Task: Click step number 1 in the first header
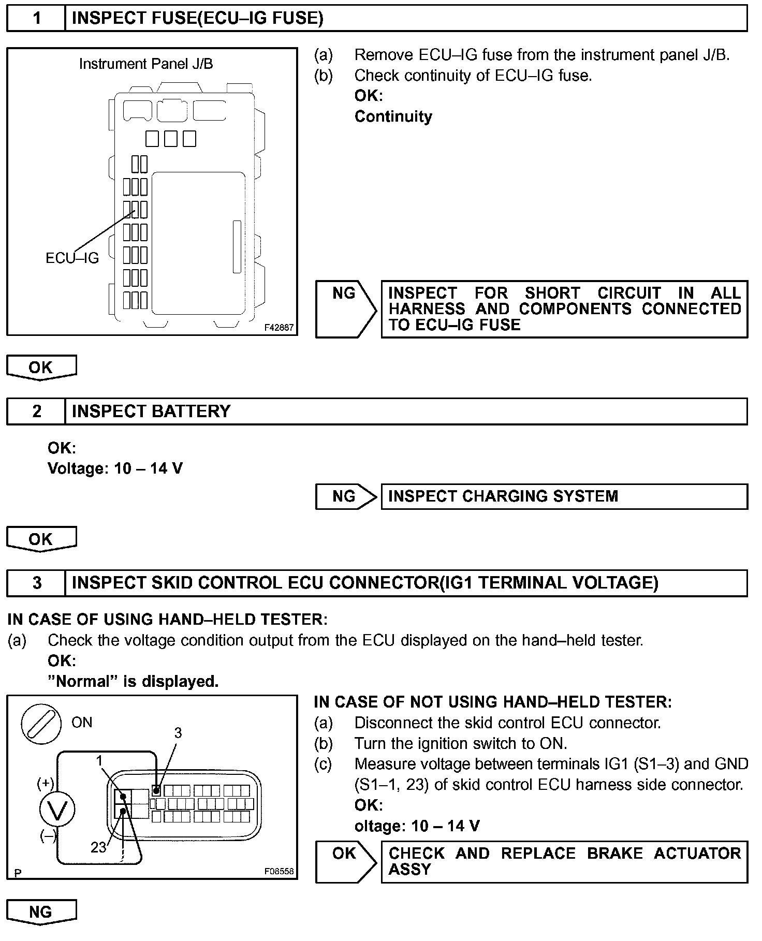(36, 19)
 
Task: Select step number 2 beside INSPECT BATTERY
(36, 411)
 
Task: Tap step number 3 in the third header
(36, 583)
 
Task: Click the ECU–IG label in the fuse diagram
(72, 258)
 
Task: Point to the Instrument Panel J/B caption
(146, 64)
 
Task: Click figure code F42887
(279, 328)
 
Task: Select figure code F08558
(279, 871)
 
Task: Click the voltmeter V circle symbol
(57, 810)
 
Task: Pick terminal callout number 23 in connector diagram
(98, 847)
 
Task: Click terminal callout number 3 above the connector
(178, 732)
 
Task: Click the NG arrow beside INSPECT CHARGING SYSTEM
(345, 497)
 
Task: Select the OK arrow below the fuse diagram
(41, 367)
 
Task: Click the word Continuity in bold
(393, 116)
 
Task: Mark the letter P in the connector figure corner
(18, 873)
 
